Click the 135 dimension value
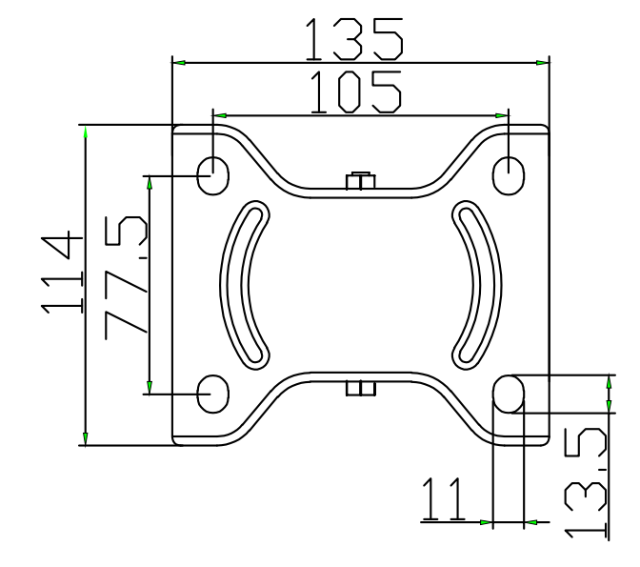pyautogui.click(x=354, y=39)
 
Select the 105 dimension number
pyautogui.click(x=356, y=91)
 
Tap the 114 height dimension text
pyautogui.click(x=62, y=273)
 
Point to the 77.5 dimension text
pyautogui.click(x=126, y=277)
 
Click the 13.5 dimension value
pyautogui.click(x=586, y=483)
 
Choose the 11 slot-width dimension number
pyautogui.click(x=443, y=499)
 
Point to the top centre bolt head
pyautogui.click(x=360, y=180)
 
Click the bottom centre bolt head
pyautogui.click(x=360, y=389)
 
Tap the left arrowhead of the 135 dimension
pyautogui.click(x=179, y=63)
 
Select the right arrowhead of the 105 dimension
pyautogui.click(x=502, y=115)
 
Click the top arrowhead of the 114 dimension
pyautogui.click(x=86, y=132)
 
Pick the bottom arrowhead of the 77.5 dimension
pyautogui.click(x=150, y=387)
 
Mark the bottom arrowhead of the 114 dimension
pyautogui.click(x=86, y=438)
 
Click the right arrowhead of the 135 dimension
pyautogui.click(x=543, y=63)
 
